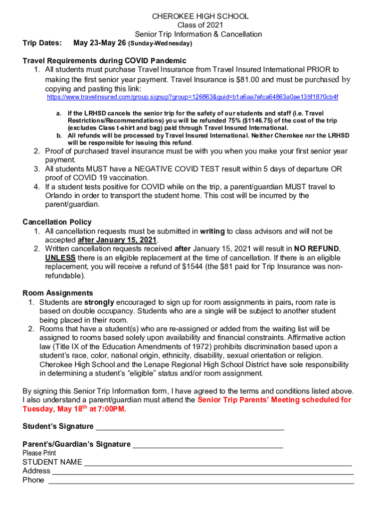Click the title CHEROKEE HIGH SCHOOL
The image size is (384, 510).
click(200, 16)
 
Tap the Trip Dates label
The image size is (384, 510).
click(42, 43)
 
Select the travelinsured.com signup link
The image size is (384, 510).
click(192, 97)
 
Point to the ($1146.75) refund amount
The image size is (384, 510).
click(273, 121)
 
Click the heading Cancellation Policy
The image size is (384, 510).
click(57, 222)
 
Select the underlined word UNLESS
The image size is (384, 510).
click(60, 257)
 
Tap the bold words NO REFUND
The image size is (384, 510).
click(317, 249)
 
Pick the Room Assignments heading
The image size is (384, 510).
click(58, 293)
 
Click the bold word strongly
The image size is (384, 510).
click(99, 302)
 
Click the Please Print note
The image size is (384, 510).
click(39, 453)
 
